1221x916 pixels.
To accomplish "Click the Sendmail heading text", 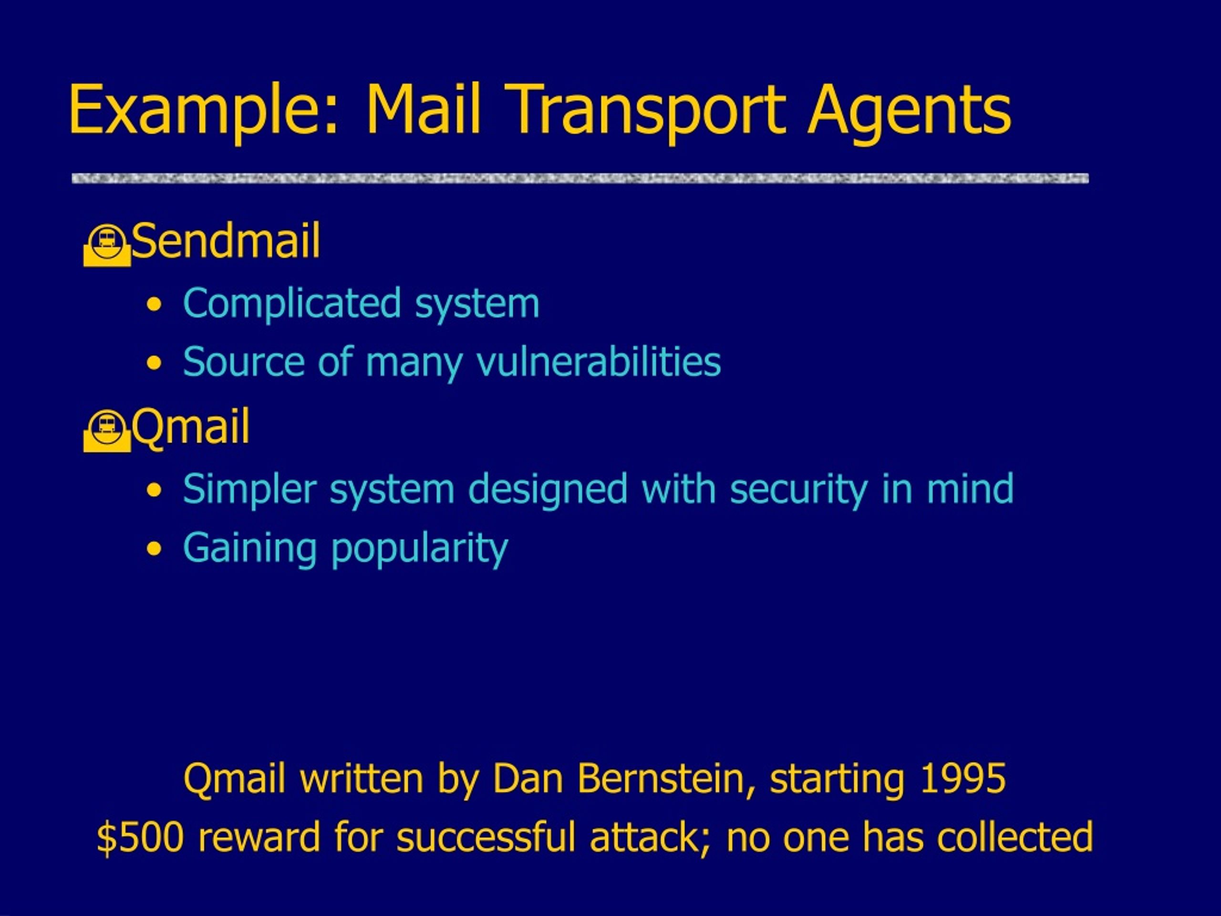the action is pos(226,241).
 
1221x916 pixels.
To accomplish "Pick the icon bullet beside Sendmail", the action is pos(107,245).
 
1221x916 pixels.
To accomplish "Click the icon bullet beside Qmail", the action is pos(107,431).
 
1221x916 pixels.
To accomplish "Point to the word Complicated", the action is pos(292,304).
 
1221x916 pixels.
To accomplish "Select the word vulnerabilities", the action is pos(599,362).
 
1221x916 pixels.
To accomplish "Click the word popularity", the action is pos(420,549).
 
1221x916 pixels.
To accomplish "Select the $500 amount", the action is pos(140,837).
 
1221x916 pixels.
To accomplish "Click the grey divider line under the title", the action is pos(580,178).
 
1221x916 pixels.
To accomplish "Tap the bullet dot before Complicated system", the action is pos(155,305).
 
